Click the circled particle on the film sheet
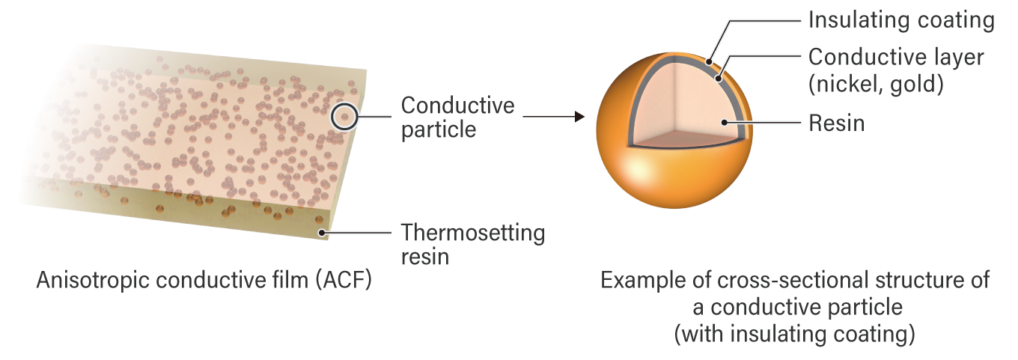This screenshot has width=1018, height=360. tap(344, 117)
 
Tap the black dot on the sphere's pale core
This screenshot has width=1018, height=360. tap(724, 121)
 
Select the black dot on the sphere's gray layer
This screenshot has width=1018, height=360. tap(717, 77)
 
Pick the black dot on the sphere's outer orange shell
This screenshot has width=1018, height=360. tap(707, 61)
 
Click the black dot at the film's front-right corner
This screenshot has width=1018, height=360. tap(321, 233)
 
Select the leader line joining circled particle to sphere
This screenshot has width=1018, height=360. tap(464, 117)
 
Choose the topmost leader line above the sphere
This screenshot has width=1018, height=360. tap(763, 20)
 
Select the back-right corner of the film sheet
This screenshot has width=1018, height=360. tap(365, 72)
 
